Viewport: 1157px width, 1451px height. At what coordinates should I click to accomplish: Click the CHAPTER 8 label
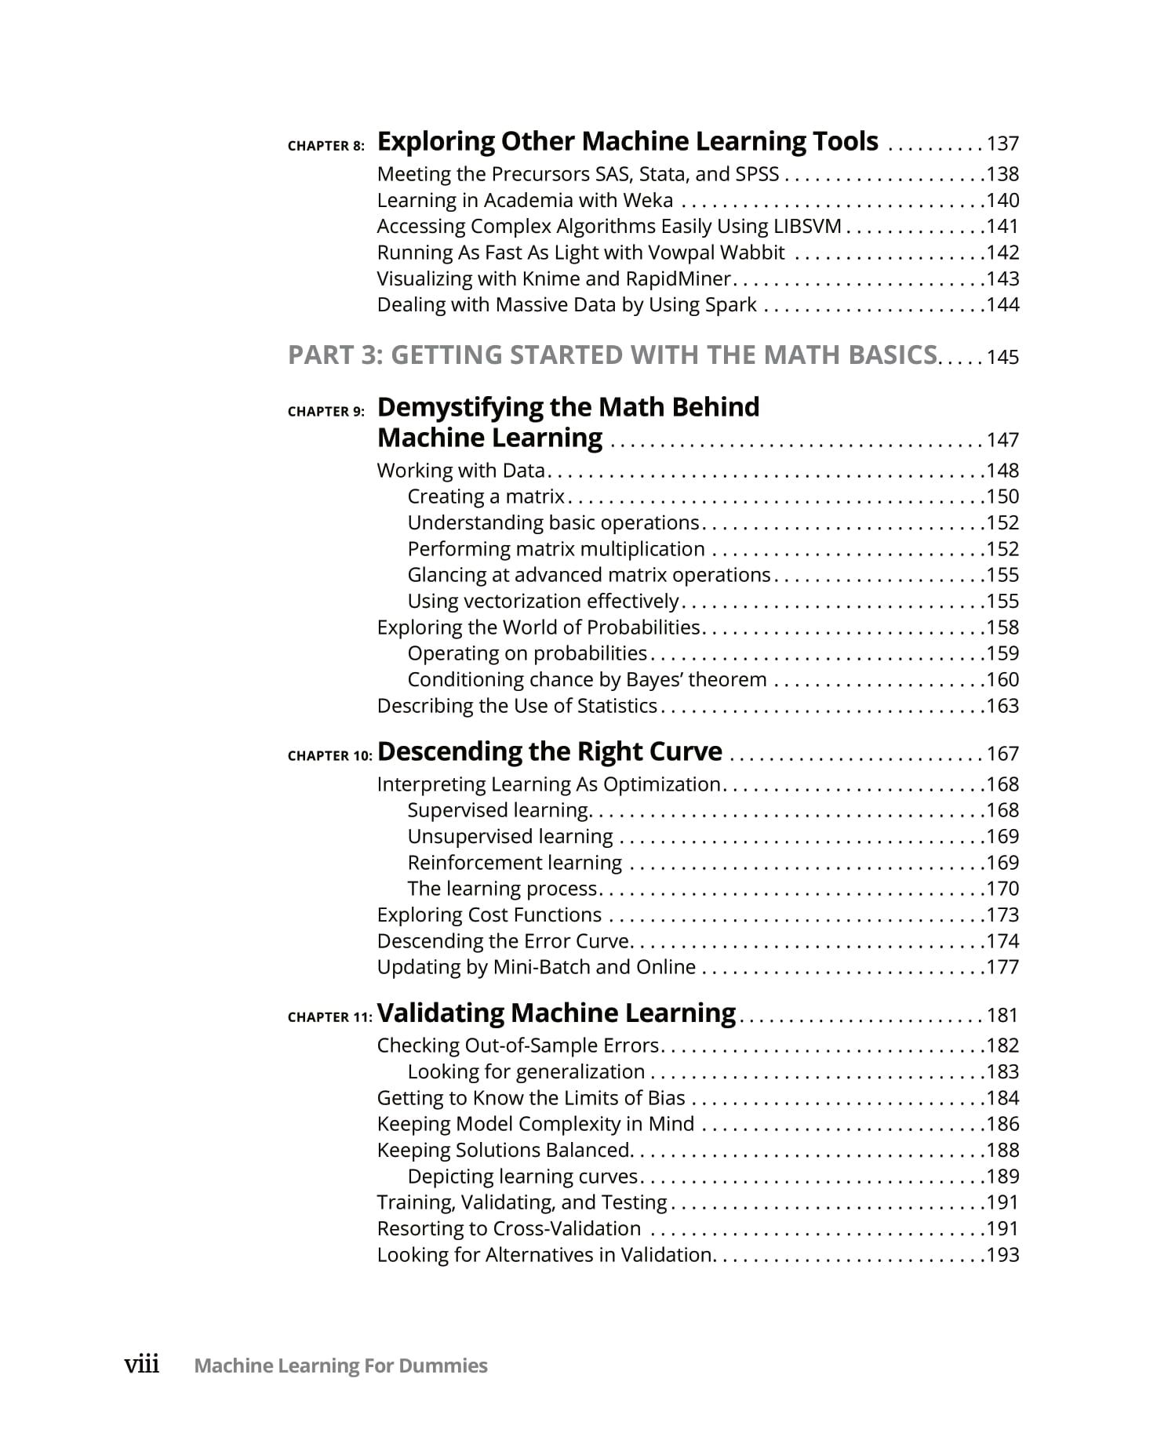point(326,146)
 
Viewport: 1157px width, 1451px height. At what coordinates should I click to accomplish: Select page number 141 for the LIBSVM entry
point(1002,227)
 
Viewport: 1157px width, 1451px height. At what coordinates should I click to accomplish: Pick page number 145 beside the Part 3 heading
point(1002,358)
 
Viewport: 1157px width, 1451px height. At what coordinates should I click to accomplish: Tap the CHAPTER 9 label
point(326,412)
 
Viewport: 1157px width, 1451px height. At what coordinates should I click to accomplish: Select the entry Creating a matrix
point(486,496)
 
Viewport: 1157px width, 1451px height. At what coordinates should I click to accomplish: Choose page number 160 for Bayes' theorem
point(1002,680)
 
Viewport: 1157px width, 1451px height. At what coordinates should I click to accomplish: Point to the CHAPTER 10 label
point(329,756)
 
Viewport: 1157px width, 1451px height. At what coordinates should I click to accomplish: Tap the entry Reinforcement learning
point(515,863)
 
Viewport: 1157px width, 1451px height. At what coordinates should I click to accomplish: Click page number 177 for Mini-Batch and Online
point(1002,967)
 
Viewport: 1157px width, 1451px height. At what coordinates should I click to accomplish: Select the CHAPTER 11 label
point(329,1017)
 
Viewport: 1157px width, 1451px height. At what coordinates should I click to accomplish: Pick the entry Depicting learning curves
point(522,1176)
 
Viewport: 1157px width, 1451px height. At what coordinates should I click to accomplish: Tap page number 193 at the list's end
point(1002,1255)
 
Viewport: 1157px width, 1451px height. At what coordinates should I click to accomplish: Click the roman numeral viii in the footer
point(142,1366)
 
